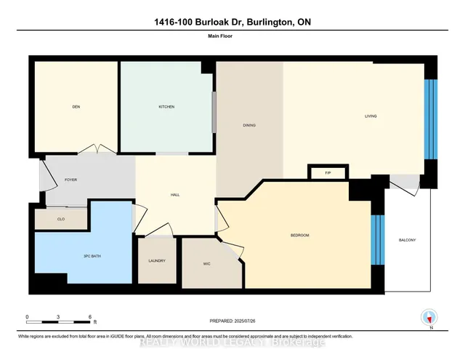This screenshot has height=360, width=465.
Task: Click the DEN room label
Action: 76,107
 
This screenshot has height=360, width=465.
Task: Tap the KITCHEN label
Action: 166,107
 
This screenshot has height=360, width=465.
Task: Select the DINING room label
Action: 249,125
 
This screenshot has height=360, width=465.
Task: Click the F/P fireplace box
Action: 328,172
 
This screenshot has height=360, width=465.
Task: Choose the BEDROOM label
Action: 299,235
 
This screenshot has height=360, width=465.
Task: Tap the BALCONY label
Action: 408,240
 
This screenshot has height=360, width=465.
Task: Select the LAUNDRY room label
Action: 156,261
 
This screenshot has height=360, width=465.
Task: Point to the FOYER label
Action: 70,180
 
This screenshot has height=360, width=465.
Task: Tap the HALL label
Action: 174,194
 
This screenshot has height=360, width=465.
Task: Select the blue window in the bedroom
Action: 376,240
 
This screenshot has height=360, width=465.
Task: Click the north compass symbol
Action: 429,318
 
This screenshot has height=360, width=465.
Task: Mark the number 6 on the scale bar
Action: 91,318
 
